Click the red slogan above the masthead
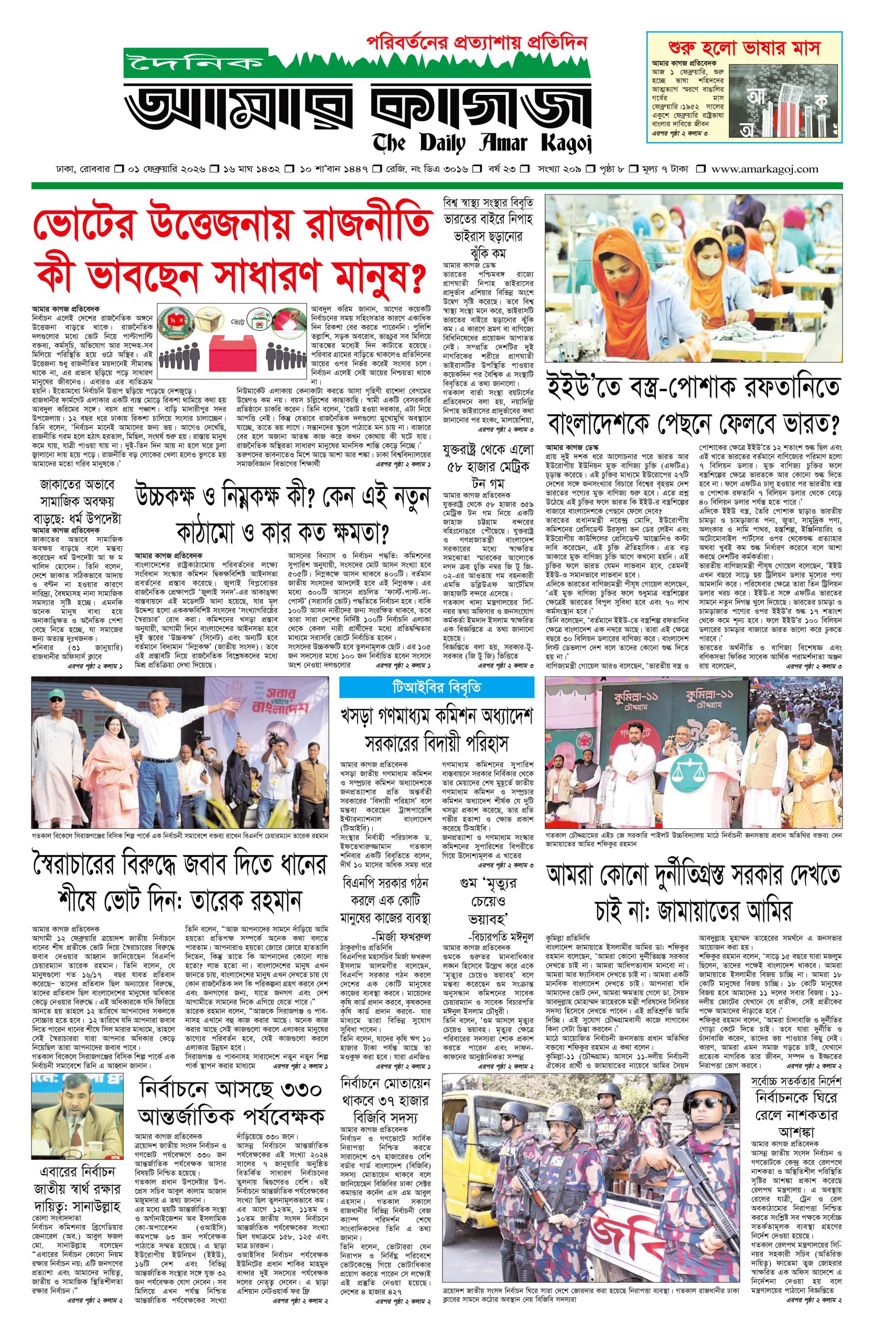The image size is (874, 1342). point(477,44)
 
